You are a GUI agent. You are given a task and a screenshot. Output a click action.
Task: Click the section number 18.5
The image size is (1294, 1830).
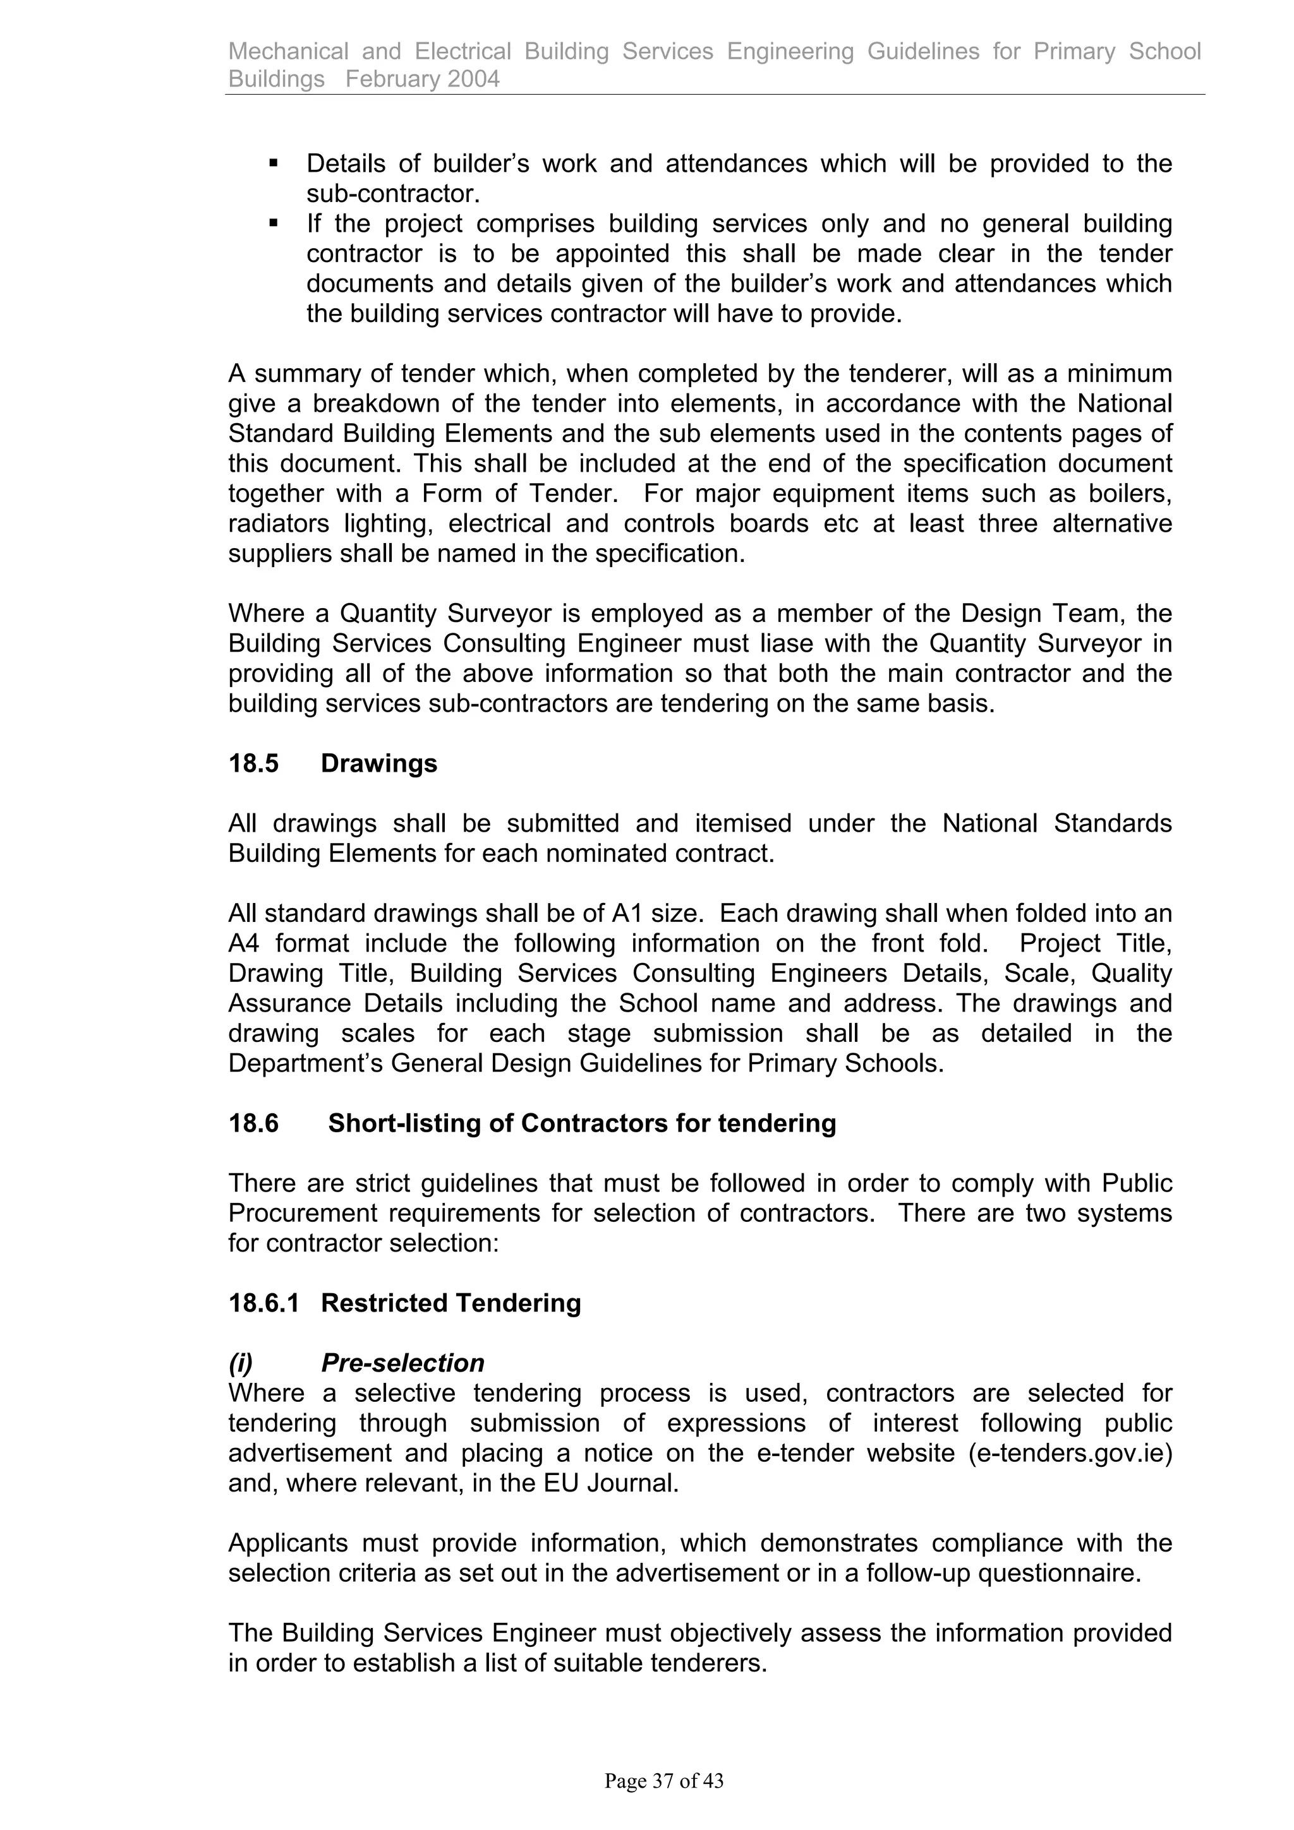click(253, 763)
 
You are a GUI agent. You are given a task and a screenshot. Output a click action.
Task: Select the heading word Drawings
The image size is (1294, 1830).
click(378, 763)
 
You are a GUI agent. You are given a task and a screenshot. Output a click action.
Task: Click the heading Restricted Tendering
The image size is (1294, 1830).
click(450, 1303)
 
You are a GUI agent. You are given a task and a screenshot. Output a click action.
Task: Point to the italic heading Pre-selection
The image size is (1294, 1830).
click(402, 1363)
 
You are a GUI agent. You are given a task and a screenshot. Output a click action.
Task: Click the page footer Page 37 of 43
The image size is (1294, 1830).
click(663, 1781)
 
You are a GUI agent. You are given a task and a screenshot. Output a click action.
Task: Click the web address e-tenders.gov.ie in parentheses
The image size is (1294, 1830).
click(1070, 1453)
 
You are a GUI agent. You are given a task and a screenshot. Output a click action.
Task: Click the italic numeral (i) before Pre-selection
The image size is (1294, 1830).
click(240, 1363)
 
